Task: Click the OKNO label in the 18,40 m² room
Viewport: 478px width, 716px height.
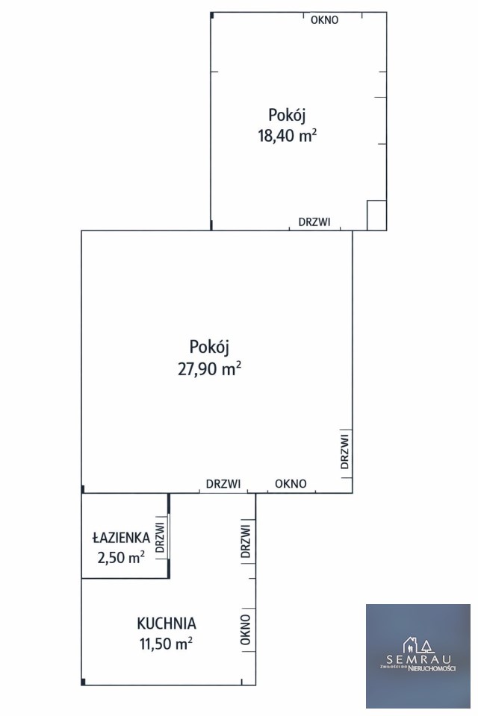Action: point(325,20)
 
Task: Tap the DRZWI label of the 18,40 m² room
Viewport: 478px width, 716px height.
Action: point(314,222)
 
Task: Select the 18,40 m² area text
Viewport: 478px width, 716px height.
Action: point(288,136)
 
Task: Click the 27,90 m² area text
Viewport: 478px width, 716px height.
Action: point(209,368)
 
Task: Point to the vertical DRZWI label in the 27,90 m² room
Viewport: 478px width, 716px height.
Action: point(345,452)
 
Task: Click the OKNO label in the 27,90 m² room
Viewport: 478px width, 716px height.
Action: point(291,483)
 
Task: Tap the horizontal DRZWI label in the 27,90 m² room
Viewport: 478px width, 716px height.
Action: point(223,483)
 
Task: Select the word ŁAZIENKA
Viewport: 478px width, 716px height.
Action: point(121,537)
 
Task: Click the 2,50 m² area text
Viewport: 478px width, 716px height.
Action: point(121,558)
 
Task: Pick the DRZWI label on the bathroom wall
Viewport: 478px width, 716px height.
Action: point(160,538)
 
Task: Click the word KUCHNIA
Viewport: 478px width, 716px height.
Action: point(167,624)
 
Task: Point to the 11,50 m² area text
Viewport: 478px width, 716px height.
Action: point(166,644)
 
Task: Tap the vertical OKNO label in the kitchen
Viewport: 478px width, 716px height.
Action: point(246,629)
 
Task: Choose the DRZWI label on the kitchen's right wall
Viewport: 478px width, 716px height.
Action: point(246,541)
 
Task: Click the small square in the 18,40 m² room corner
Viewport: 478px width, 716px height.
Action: point(377,215)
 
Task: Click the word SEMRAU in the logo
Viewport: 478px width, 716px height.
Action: point(419,659)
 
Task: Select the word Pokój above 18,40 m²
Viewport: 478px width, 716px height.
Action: point(287,115)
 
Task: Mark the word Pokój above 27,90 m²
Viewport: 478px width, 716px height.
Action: point(209,347)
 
